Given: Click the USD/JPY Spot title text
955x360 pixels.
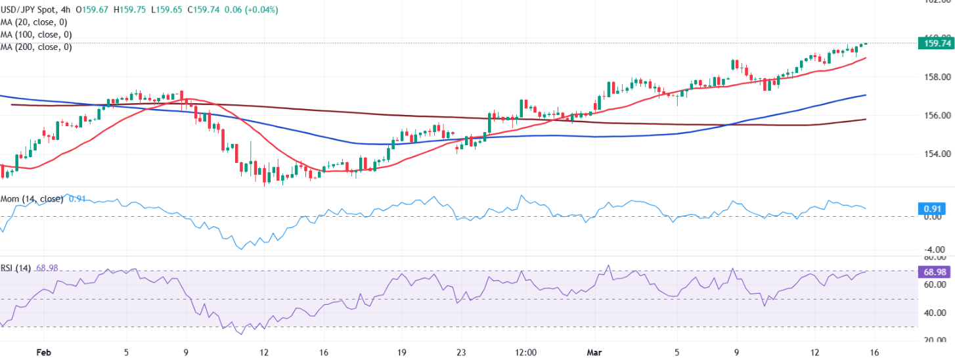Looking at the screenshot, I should (28, 10).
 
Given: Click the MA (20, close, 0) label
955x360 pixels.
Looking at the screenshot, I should (36, 22).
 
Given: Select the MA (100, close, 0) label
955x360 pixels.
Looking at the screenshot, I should (36, 34).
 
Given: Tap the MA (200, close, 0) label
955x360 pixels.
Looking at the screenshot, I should (36, 47).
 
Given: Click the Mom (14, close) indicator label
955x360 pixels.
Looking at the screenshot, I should (32, 199).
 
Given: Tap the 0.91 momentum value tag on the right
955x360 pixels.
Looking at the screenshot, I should (933, 209).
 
